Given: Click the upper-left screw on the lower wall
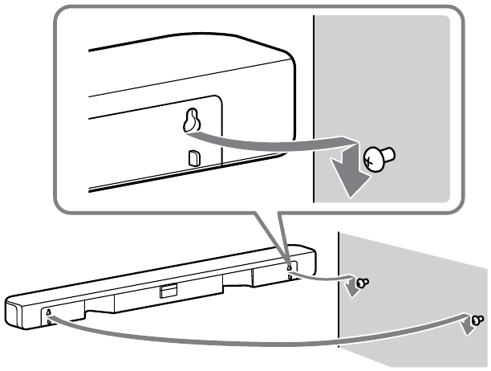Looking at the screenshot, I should [x=363, y=283].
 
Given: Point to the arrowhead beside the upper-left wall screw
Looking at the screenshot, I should [x=351, y=287].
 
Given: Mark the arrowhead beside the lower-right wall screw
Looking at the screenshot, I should [x=465, y=326].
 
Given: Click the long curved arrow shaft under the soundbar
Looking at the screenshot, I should [x=241, y=342].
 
